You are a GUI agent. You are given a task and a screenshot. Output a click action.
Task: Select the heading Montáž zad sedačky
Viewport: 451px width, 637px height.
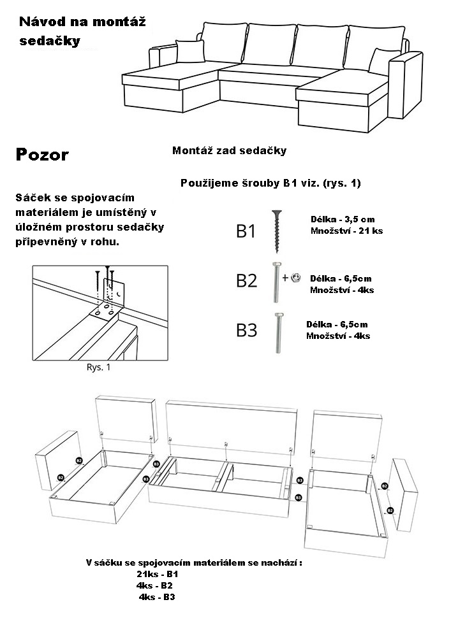click(230, 151)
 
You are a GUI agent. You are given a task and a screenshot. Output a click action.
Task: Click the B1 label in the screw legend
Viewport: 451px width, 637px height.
click(246, 231)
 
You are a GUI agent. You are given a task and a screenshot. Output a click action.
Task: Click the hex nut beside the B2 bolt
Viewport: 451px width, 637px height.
click(295, 277)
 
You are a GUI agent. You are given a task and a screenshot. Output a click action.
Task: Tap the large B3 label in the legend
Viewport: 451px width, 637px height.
click(246, 330)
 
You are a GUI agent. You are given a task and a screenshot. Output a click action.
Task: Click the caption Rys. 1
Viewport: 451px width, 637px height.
click(98, 368)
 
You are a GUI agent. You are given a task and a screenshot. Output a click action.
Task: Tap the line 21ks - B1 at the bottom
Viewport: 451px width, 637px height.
click(157, 574)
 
